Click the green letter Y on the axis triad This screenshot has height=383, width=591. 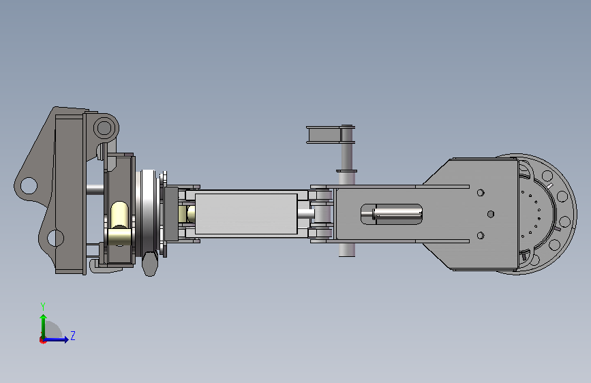[x=43, y=306]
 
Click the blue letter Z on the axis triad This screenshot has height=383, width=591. [x=73, y=335]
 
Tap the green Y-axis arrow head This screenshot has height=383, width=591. [x=44, y=318]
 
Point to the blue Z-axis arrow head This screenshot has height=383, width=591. [x=66, y=339]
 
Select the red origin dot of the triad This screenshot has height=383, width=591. [x=42, y=340]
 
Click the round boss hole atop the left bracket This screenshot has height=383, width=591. [x=104, y=128]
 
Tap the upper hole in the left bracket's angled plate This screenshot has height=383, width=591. [x=29, y=186]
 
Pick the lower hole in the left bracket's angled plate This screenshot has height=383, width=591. [x=55, y=239]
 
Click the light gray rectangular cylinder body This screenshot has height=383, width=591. [x=246, y=213]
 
